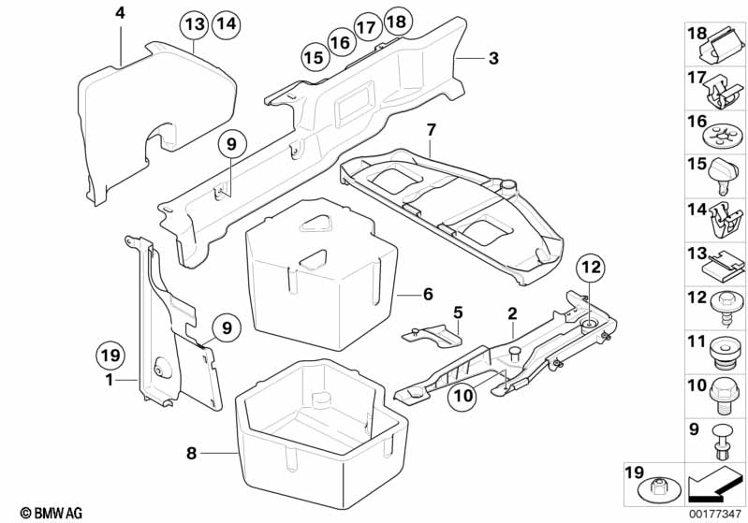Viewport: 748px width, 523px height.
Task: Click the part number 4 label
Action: pyautogui.click(x=119, y=13)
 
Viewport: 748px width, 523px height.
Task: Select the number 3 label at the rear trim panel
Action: pyautogui.click(x=493, y=58)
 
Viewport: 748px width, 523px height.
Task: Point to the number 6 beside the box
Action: pyautogui.click(x=428, y=294)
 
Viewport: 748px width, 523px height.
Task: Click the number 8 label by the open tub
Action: pyautogui.click(x=191, y=454)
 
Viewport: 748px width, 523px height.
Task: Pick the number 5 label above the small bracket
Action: pyautogui.click(x=458, y=312)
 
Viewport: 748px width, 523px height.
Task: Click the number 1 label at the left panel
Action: pyautogui.click(x=110, y=380)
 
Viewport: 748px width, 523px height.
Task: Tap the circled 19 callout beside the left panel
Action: pyautogui.click(x=110, y=356)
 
